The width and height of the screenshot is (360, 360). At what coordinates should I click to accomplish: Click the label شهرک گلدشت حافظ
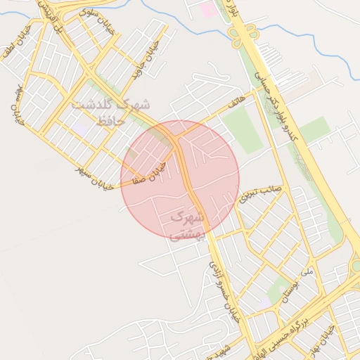click(x=110, y=112)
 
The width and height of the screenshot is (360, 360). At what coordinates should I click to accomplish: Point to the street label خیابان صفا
click(x=150, y=172)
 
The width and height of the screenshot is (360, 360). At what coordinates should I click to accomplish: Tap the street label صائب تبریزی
click(x=259, y=191)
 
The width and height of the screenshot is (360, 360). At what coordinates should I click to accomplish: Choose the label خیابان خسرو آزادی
click(x=224, y=290)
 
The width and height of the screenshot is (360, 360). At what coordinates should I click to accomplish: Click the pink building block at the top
click(x=208, y=10)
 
